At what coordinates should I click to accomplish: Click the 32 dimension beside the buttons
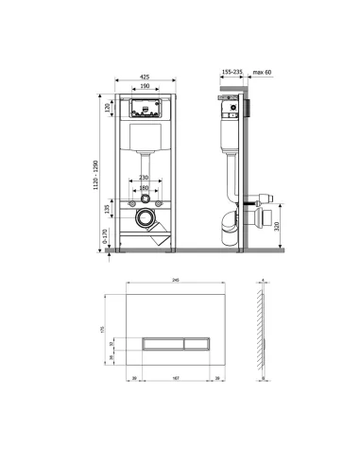coord(111,343)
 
